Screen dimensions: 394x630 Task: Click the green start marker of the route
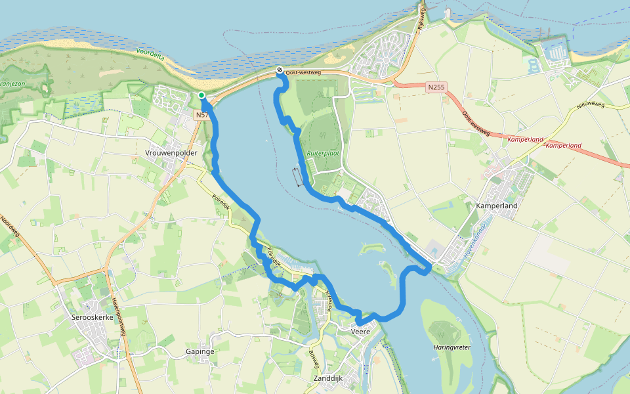tap(201, 96)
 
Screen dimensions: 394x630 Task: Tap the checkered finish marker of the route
tap(280, 71)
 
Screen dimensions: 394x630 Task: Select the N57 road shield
tap(201, 114)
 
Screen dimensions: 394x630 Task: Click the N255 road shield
tap(435, 87)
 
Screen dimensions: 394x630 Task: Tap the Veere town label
tap(361, 331)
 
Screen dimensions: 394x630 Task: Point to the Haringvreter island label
tap(453, 346)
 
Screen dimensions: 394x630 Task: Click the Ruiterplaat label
tap(322, 153)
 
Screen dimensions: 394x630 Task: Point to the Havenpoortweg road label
tap(118, 315)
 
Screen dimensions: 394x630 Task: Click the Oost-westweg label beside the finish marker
tap(303, 72)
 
